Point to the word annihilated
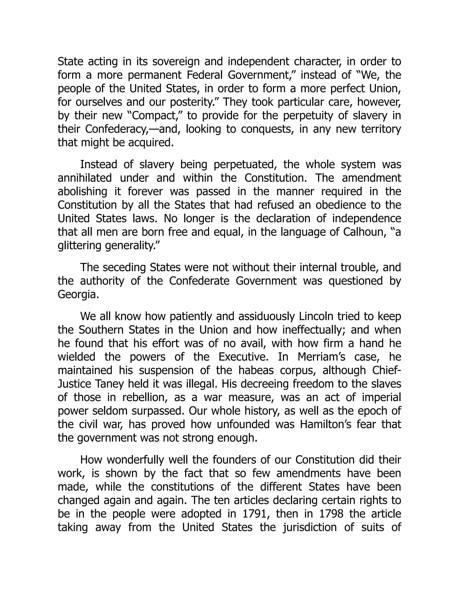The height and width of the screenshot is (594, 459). (x=84, y=178)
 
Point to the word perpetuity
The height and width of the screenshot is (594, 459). (x=308, y=116)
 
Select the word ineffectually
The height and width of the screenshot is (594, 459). (x=314, y=330)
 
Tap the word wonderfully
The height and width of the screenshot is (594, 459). (x=135, y=460)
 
